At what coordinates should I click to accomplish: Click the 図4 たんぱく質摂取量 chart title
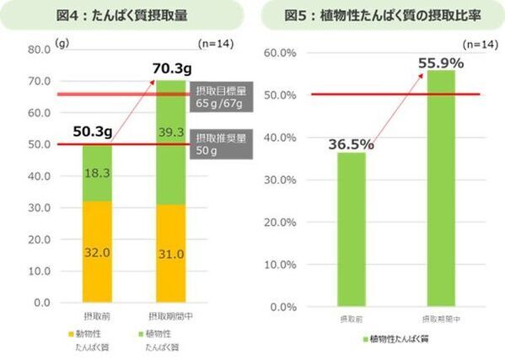tap(129, 15)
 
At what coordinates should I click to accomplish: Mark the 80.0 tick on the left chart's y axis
tap(38, 49)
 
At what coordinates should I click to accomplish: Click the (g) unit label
tap(60, 40)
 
